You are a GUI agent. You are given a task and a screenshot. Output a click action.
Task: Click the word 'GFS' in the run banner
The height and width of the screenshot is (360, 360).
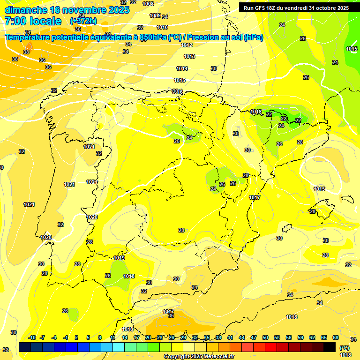click(262, 8)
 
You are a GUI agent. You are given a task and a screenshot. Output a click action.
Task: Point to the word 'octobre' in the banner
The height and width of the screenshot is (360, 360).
click(326, 8)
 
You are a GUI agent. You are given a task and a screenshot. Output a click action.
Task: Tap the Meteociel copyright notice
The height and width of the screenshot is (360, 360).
click(199, 357)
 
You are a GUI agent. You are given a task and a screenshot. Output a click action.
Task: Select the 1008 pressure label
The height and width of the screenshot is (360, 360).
click(148, 4)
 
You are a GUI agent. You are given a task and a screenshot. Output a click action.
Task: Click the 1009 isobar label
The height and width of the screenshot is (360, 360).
click(155, 15)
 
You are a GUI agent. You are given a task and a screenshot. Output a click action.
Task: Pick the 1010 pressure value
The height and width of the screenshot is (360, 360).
click(162, 28)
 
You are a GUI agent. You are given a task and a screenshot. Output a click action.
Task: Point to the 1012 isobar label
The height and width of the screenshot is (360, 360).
click(187, 45)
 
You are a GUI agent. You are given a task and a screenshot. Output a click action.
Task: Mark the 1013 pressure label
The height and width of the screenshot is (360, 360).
click(189, 56)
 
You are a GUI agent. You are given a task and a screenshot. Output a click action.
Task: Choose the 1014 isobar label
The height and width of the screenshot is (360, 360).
click(182, 68)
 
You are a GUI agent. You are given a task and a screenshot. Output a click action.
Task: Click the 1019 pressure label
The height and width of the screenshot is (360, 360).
click(119, 258)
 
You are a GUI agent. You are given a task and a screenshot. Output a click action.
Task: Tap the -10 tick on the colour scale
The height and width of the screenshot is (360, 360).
click(31, 337)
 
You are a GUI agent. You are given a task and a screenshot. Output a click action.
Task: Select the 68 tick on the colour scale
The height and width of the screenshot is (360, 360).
click(336, 337)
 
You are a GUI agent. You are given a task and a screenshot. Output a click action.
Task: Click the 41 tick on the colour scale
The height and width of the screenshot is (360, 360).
click(230, 337)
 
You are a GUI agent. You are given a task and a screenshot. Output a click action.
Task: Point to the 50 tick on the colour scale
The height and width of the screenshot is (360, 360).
click(265, 337)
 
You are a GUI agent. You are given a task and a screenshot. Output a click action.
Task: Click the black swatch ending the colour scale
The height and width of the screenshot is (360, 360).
click(330, 347)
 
